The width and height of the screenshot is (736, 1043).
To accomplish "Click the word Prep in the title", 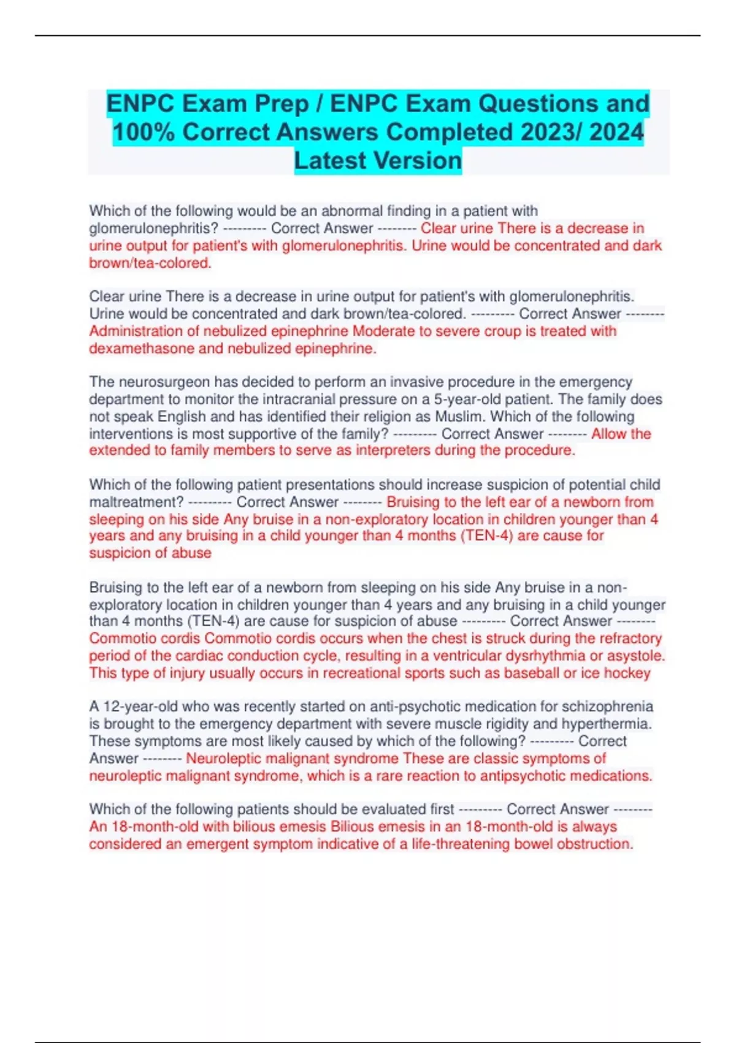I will [282, 104].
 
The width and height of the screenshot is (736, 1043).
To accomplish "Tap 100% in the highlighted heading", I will [144, 132].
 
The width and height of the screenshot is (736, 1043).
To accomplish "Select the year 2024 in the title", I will [616, 132].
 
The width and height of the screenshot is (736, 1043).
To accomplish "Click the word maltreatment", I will [136, 502].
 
